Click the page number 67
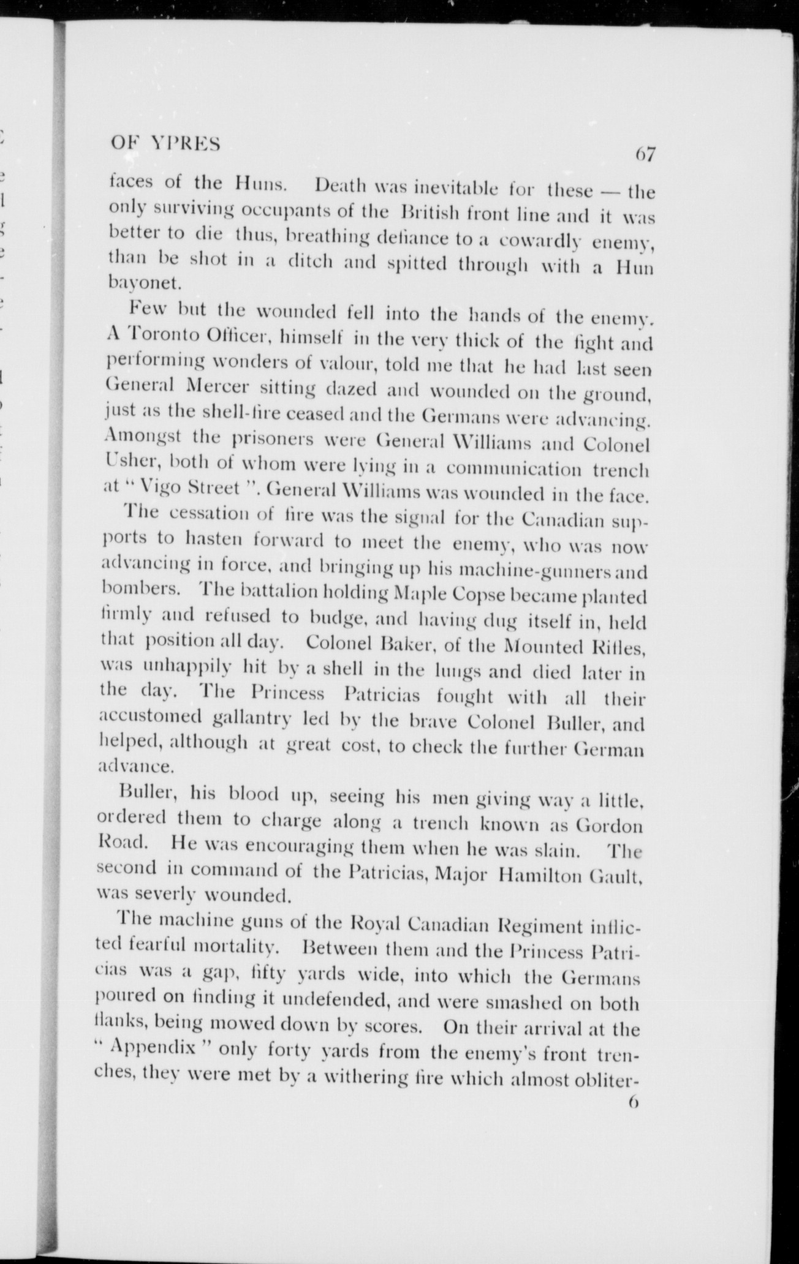645,154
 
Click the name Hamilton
537,875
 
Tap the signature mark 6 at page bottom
633,1103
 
